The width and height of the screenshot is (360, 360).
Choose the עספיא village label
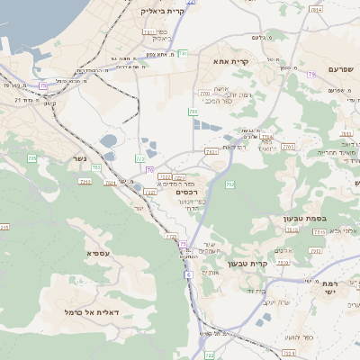click(98, 253)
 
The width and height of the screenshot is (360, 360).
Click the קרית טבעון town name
click(248, 264)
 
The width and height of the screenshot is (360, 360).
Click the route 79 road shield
click(311, 75)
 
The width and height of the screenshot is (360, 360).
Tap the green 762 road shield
click(230, 184)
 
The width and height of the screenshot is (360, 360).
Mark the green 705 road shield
click(32, 158)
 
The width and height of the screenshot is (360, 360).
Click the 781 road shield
click(183, 54)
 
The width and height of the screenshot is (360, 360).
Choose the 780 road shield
click(193, 112)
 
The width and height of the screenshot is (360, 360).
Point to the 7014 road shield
click(315, 10)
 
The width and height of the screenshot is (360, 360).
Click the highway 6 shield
click(189, 274)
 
